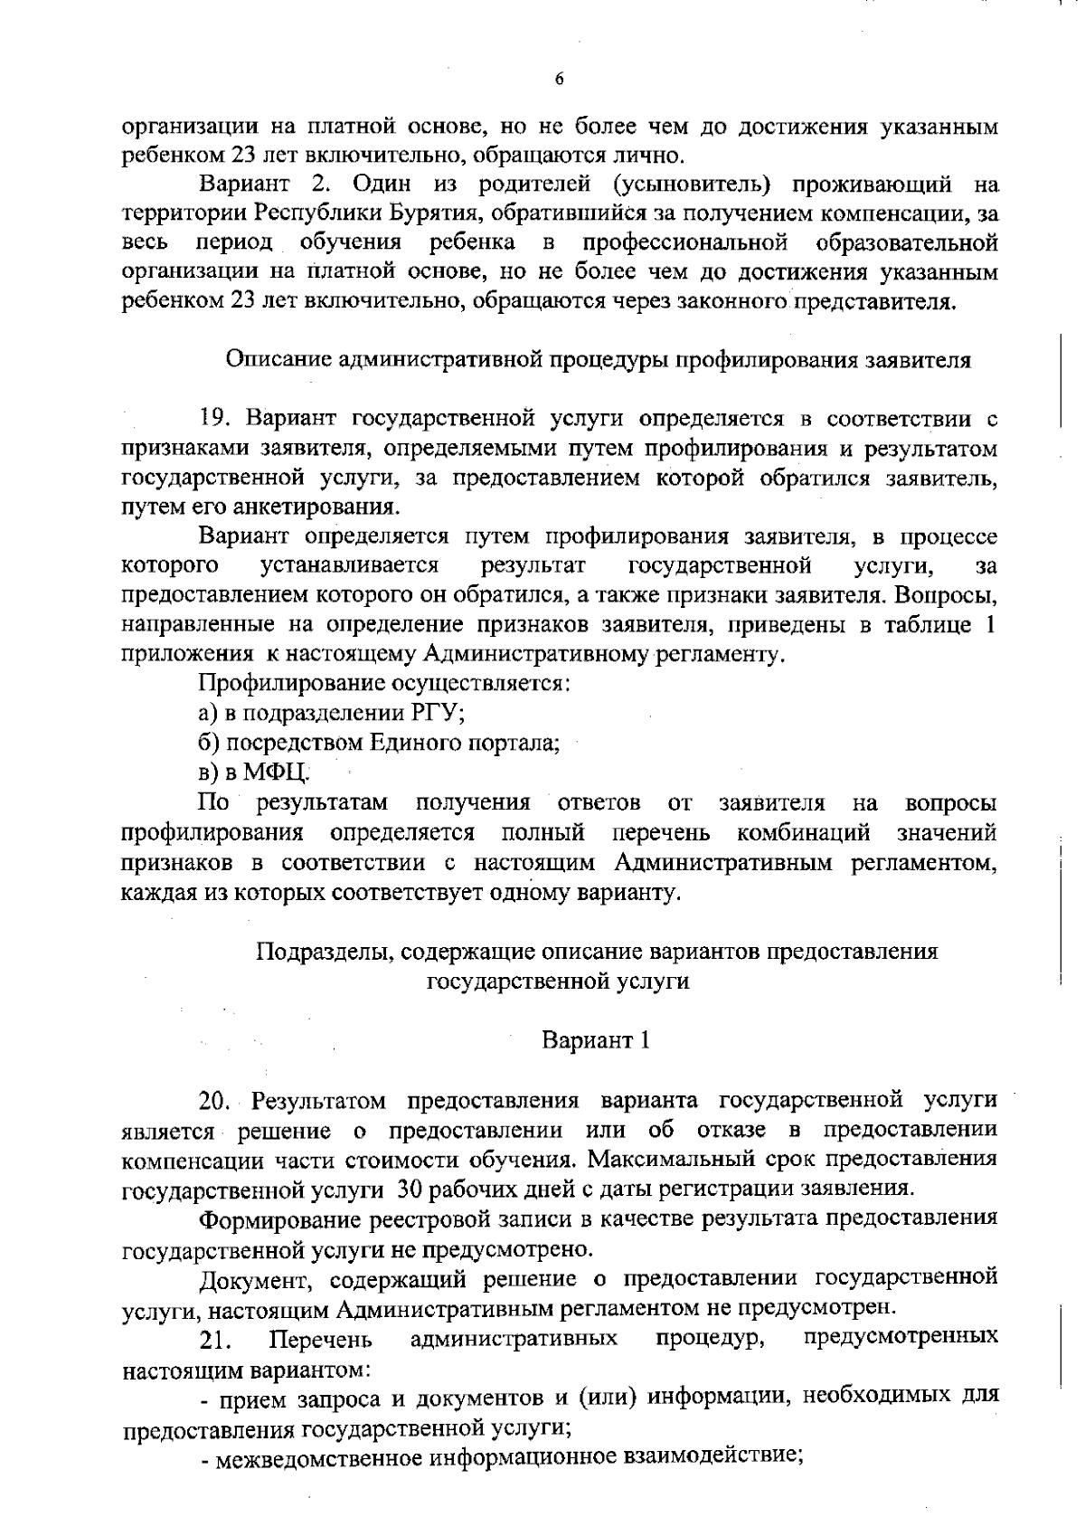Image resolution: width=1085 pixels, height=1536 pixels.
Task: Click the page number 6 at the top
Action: tap(559, 79)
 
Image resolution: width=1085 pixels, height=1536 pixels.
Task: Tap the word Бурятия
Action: tap(438, 214)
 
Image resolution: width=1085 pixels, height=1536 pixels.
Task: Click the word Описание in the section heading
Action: tap(278, 360)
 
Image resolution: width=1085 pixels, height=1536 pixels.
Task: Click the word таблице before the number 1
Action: tap(926, 625)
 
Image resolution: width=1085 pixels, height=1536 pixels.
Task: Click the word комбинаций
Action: tap(804, 831)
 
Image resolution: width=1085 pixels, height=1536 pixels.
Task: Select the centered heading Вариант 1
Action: tap(596, 1040)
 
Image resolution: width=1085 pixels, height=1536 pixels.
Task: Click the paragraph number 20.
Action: tap(218, 1101)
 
